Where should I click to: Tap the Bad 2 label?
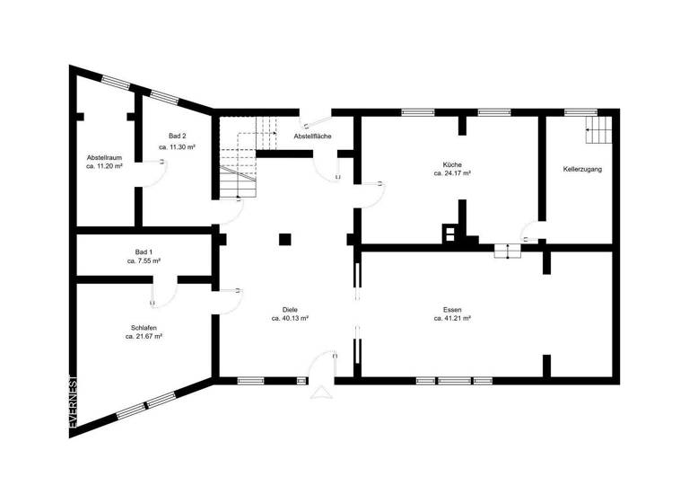tap(178, 136)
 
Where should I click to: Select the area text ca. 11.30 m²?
tap(178, 146)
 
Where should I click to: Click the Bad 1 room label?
tap(144, 251)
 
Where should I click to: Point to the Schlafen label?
tap(144, 328)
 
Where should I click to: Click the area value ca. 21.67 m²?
tap(144, 337)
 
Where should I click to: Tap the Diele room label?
tap(290, 308)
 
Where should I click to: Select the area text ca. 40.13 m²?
tap(290, 318)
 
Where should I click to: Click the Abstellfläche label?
tap(313, 136)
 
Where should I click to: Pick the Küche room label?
tap(452, 164)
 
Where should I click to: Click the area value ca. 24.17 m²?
tap(452, 173)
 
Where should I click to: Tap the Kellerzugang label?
tap(582, 169)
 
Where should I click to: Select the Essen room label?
tap(452, 308)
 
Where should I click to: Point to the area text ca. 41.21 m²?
tap(452, 318)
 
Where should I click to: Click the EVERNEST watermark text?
tap(74, 403)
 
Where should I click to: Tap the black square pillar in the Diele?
tap(284, 239)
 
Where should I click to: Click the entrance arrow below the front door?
tap(320, 391)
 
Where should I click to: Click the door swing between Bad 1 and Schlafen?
tap(164, 291)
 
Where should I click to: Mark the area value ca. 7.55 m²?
tap(144, 260)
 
